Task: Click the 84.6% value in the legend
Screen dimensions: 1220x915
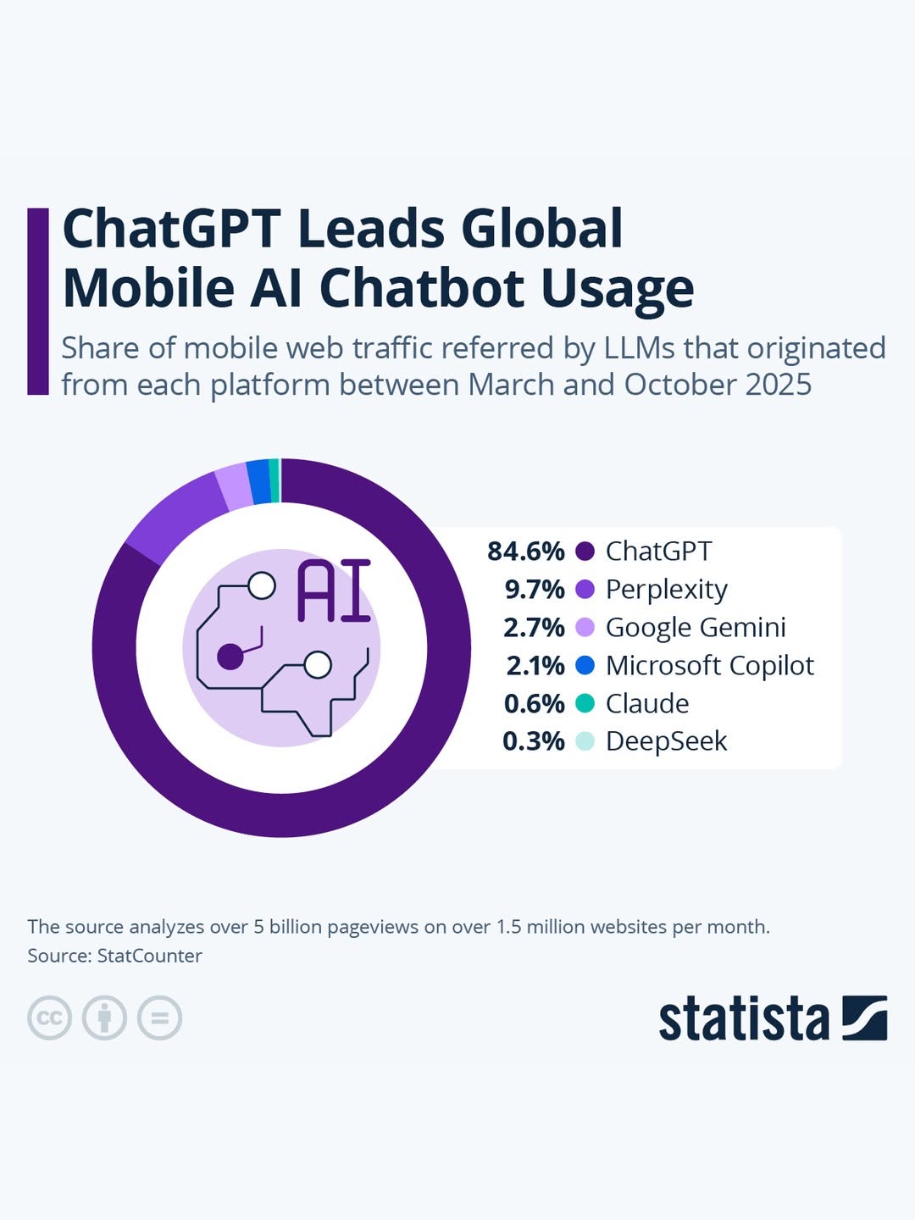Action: [525, 552]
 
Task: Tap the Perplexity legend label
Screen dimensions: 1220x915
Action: [666, 590]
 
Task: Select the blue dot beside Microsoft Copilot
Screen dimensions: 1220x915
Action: [585, 666]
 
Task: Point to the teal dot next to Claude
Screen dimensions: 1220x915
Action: [585, 703]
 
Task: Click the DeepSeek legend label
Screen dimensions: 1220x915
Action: [666, 741]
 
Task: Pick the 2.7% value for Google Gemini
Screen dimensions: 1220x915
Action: [534, 628]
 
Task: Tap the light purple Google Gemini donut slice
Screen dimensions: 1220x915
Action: [233, 487]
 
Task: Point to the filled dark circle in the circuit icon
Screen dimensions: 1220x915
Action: [230, 656]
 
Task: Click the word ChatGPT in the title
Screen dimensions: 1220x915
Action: [171, 229]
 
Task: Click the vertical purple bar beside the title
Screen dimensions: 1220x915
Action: [38, 301]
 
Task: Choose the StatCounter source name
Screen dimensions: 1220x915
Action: [149, 956]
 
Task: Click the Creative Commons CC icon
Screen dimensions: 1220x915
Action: [49, 1018]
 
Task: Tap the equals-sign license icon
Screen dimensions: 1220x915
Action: [159, 1018]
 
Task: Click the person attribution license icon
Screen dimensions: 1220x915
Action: [104, 1018]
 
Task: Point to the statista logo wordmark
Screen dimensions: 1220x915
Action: [744, 1019]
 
